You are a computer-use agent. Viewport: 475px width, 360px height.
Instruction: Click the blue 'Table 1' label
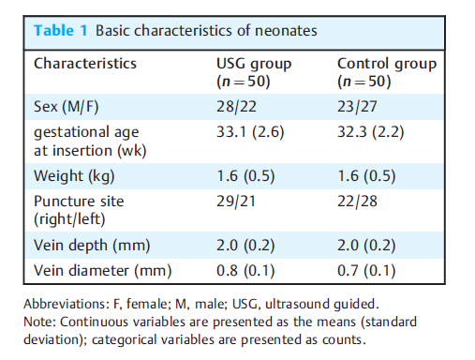point(61,31)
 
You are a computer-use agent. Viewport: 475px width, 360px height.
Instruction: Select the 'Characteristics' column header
point(85,64)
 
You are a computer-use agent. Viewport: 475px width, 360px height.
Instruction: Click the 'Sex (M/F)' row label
point(67,107)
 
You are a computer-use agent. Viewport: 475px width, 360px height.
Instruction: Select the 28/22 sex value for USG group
point(236,107)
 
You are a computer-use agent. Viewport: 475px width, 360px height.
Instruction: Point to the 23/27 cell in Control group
point(357,107)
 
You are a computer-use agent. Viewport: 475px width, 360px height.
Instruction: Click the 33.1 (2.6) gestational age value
point(250,132)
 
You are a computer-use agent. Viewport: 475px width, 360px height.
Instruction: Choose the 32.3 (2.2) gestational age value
point(371,132)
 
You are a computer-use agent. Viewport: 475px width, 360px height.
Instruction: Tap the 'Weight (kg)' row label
point(74,176)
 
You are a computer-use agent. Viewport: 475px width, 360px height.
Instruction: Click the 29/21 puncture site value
point(236,202)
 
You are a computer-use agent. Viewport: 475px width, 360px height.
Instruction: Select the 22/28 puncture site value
point(357,202)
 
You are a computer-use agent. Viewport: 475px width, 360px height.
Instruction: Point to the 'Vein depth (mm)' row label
point(92,246)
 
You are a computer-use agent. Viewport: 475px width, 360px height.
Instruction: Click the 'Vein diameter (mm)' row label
point(103,271)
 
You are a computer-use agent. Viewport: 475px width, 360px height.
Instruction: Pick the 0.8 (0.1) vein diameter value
point(245,271)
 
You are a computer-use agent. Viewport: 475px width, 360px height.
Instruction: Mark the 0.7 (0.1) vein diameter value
point(366,271)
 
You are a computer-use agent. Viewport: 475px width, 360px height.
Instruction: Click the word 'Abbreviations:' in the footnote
point(65,304)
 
